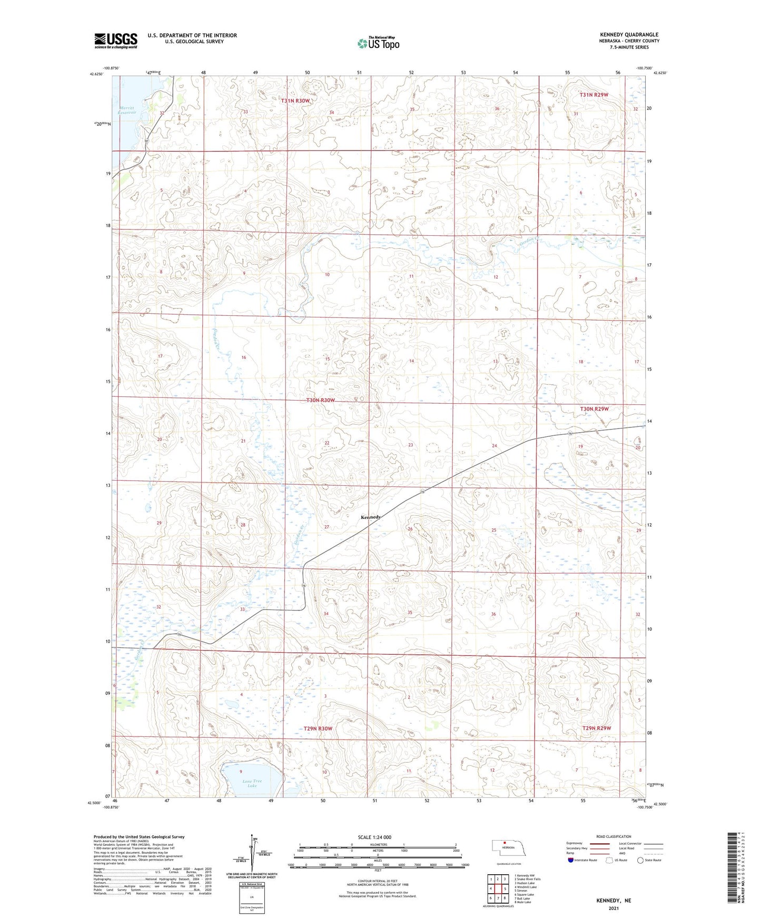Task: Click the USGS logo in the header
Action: pyautogui.click(x=116, y=41)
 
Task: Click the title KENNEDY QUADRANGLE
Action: pyautogui.click(x=629, y=35)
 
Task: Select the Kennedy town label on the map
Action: pyautogui.click(x=371, y=517)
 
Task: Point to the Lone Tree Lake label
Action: pyautogui.click(x=252, y=784)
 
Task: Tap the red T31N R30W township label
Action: pyautogui.click(x=295, y=101)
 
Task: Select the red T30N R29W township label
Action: pyautogui.click(x=594, y=409)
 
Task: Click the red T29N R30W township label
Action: pyautogui.click(x=318, y=728)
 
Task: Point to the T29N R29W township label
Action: pyautogui.click(x=597, y=728)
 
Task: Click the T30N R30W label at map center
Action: pyautogui.click(x=321, y=401)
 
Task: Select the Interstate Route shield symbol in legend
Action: pyautogui.click(x=570, y=860)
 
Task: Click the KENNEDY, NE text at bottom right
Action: pyautogui.click(x=614, y=901)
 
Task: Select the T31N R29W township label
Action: pyautogui.click(x=594, y=95)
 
